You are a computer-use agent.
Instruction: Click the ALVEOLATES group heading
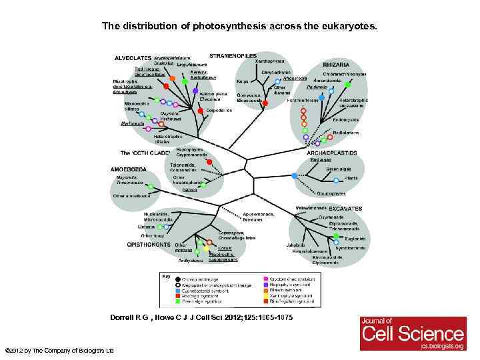(132, 58)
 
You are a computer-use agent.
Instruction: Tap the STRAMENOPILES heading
(232, 55)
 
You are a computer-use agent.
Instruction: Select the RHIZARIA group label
(338, 64)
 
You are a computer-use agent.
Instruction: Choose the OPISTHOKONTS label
(151, 244)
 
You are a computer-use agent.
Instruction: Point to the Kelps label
(243, 81)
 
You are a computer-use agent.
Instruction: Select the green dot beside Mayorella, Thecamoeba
(151, 186)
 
